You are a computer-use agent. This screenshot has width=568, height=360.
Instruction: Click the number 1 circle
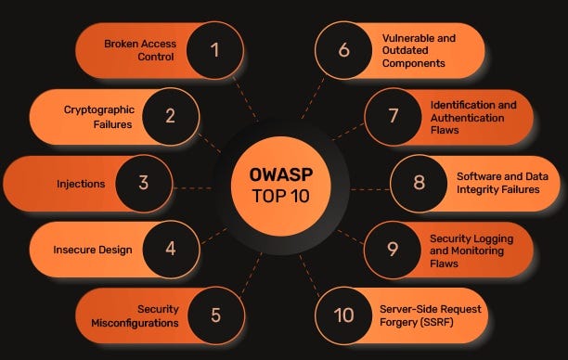(214, 49)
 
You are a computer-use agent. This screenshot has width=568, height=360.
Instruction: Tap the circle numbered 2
(170, 116)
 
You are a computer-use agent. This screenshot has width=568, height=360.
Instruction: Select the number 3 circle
(144, 183)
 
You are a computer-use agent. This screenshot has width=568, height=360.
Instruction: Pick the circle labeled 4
(170, 249)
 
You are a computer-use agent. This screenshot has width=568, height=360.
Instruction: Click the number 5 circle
(214, 315)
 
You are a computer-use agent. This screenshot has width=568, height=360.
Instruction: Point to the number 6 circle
(344, 49)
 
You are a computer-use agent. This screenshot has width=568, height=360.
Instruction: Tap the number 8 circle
(419, 183)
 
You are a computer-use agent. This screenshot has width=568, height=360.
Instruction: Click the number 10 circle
(344, 315)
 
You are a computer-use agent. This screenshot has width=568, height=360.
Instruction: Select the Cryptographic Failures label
(97, 116)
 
